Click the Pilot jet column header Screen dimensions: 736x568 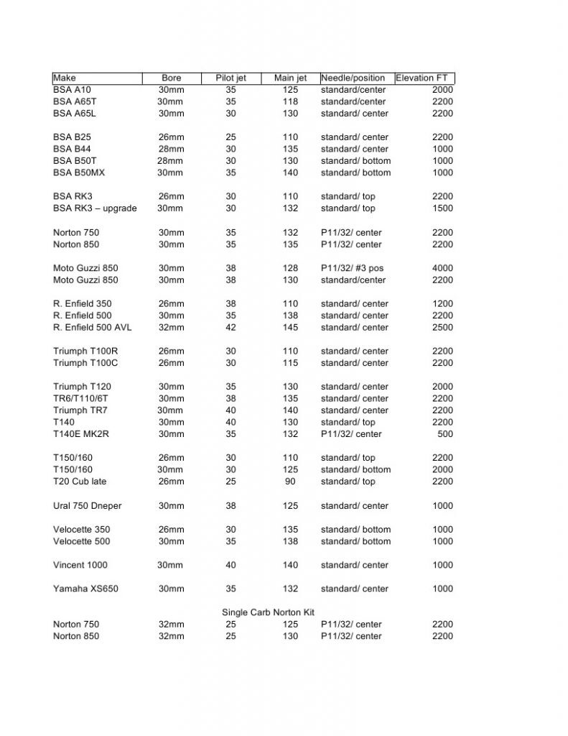point(231,78)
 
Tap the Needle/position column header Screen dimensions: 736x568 point(353,78)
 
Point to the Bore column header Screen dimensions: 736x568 point(172,78)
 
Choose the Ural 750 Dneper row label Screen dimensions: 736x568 point(87,506)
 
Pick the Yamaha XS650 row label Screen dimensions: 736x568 point(85,589)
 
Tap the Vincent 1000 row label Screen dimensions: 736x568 point(80,565)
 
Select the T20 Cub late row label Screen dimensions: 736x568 point(80,482)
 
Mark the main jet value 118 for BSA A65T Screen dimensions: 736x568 point(290,101)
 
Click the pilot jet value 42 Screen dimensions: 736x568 point(231,327)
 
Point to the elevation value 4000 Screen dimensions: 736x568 point(442,268)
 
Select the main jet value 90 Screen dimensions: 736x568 point(290,482)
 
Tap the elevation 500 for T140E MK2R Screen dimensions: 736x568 point(445,434)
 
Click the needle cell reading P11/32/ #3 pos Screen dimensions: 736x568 point(352,268)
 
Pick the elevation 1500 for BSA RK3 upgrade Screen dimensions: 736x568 point(442,208)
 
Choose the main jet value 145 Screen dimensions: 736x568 point(290,327)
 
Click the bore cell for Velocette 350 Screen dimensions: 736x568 point(171,530)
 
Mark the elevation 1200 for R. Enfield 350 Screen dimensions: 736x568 point(442,303)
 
